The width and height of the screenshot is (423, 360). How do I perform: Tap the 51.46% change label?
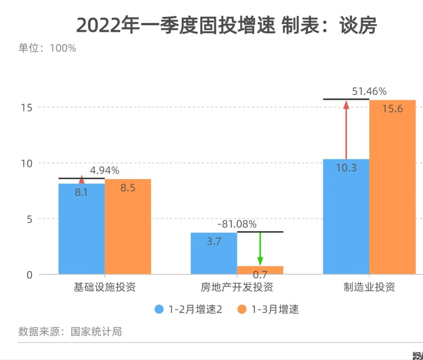click(369, 91)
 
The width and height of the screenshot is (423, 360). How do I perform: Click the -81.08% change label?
click(237, 224)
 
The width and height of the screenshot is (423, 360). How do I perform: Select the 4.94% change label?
click(105, 171)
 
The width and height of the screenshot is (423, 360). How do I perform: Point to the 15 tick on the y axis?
click(26, 107)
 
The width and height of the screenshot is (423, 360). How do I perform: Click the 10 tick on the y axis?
click(26, 163)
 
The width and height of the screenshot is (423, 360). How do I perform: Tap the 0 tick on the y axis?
click(29, 275)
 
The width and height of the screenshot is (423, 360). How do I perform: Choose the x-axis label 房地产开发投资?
click(237, 288)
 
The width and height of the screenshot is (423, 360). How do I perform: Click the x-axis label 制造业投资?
click(369, 288)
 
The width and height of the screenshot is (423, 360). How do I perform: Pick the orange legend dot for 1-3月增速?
click(242, 310)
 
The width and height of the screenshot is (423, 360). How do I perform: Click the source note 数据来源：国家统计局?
click(70, 332)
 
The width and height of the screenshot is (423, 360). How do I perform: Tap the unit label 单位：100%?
click(47, 48)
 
